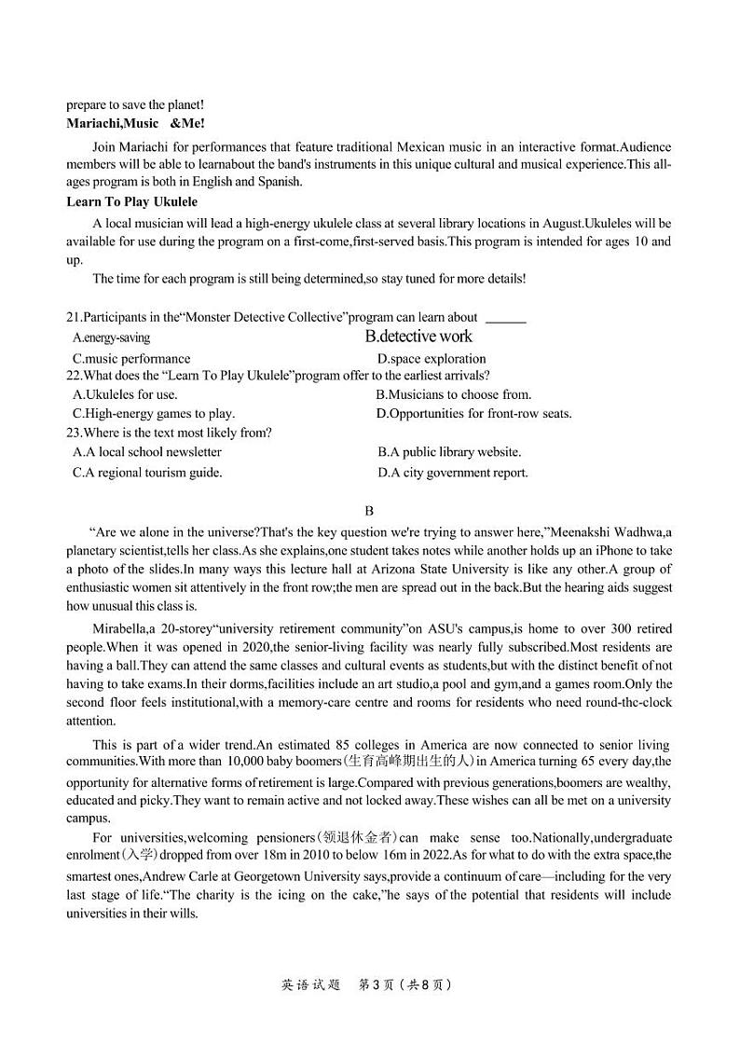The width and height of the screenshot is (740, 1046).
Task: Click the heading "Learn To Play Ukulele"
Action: [x=131, y=201]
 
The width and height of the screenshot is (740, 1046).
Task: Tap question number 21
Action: [x=75, y=317]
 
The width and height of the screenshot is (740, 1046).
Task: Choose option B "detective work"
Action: [x=418, y=337]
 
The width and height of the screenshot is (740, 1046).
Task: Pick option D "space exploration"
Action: [x=432, y=358]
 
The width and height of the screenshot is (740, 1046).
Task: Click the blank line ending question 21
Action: [x=506, y=319]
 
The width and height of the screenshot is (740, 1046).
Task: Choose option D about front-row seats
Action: [x=473, y=413]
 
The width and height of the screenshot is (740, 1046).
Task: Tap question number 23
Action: [x=75, y=433]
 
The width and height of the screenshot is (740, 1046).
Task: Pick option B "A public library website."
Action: [x=449, y=452]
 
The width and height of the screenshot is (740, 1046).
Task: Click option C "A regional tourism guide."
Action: [x=147, y=473]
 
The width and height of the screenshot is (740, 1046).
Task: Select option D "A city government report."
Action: [x=453, y=473]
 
